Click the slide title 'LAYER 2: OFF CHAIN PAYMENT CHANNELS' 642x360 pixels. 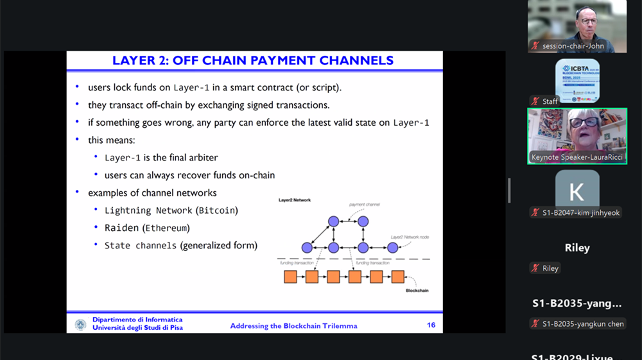coord(253,61)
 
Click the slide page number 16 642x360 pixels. coord(431,325)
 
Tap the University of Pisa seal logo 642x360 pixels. coord(80,325)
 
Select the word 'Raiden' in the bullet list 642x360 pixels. coord(122,228)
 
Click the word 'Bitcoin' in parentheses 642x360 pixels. coord(217,210)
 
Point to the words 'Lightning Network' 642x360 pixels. coord(148,210)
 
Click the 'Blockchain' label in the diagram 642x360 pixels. coord(417,291)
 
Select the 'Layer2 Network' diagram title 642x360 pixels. coord(294,200)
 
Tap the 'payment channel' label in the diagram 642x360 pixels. coord(365,205)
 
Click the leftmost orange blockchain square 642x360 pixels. coord(290,277)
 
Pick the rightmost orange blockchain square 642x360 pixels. coord(398,277)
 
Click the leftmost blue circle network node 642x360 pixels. coord(307,248)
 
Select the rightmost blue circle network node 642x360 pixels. coord(393,248)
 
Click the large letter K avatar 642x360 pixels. coord(577,191)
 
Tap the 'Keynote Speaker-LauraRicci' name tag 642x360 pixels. coord(577,157)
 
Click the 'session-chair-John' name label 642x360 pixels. coord(573,46)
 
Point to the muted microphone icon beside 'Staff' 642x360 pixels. coord(535,101)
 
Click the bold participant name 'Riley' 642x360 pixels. coord(577,248)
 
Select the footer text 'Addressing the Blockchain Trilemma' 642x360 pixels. coord(293,326)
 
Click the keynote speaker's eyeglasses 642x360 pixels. coord(584,122)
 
